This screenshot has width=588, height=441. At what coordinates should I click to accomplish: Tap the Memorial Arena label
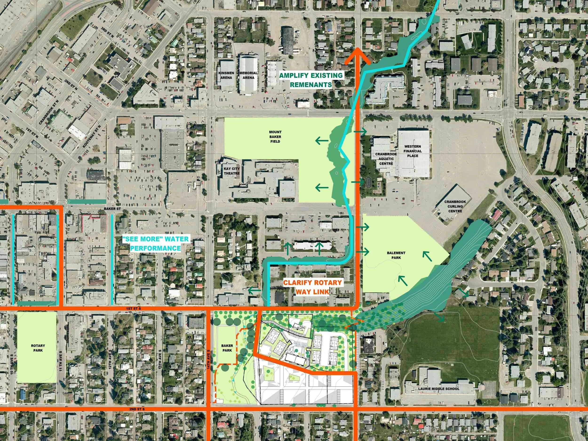pyautogui.click(x=248, y=75)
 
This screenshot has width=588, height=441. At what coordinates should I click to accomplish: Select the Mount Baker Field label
pyautogui.click(x=275, y=137)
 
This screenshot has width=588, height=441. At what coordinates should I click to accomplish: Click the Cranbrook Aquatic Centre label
pyautogui.click(x=384, y=159)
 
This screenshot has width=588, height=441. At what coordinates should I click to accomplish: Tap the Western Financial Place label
pyautogui.click(x=413, y=151)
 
